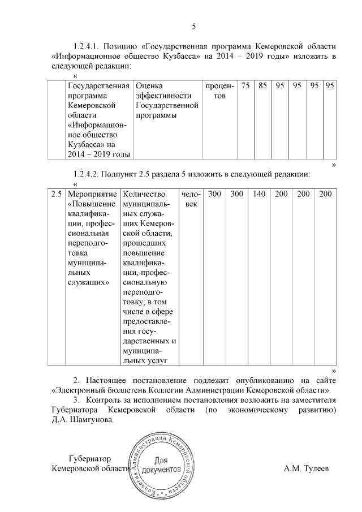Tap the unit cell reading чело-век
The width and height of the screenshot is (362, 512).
[191, 199]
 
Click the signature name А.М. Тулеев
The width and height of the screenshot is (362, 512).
[306, 469]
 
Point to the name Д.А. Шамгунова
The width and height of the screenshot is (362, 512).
[83, 420]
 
